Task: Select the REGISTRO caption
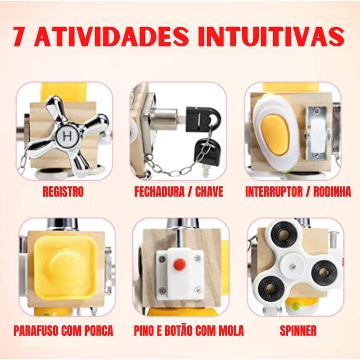point(63,192)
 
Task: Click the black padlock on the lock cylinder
point(210,117)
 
